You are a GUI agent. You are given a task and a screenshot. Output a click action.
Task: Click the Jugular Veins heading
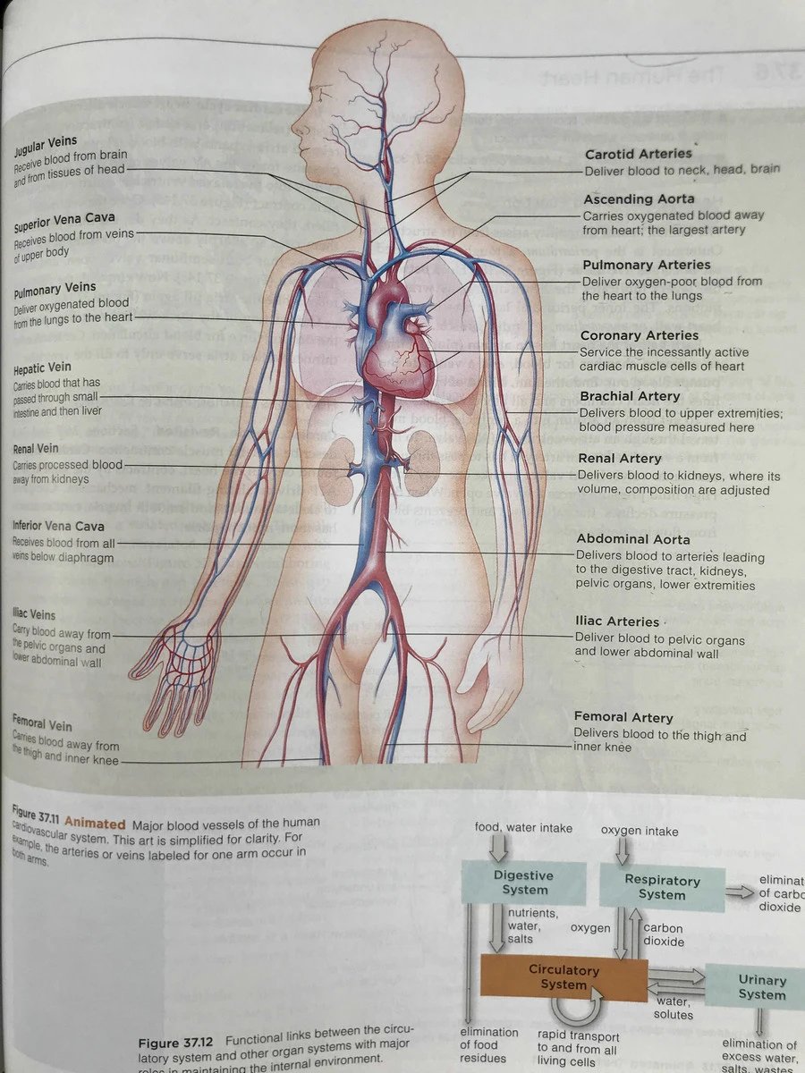coord(45,143)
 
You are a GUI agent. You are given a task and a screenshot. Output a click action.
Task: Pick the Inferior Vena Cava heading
coord(58,528)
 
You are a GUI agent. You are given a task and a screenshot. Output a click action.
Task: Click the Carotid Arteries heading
coord(638,154)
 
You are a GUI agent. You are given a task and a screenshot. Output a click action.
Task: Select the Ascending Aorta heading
coord(639,199)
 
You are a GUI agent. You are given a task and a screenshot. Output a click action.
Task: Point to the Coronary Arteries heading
coord(640,335)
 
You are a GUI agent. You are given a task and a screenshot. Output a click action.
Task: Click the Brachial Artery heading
coord(631,396)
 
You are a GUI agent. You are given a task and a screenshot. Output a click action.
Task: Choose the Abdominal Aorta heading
coord(633,539)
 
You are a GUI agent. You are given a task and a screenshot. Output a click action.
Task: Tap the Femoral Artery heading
coord(623,717)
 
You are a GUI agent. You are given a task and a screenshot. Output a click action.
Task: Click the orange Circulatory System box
coord(563,977)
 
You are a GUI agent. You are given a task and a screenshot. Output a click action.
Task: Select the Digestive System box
coord(524,883)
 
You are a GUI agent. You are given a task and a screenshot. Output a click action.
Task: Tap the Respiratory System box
coord(662,887)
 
